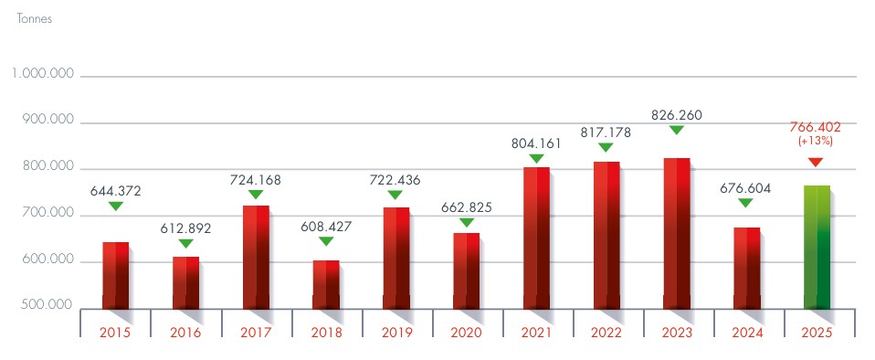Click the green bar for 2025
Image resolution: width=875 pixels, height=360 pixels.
click(817, 247)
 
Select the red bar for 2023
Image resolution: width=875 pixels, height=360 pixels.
click(676, 233)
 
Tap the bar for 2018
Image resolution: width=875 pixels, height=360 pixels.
click(325, 284)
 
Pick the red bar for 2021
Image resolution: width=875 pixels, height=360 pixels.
click(536, 238)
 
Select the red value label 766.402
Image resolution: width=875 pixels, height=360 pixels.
click(816, 128)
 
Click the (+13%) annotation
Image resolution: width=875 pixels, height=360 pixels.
click(816, 143)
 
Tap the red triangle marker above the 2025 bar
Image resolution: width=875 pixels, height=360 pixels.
click(816, 162)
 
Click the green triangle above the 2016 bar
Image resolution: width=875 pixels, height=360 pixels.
click(185, 243)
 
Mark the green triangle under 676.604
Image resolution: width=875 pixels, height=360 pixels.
click(745, 203)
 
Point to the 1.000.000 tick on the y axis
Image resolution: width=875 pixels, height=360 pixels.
click(43, 75)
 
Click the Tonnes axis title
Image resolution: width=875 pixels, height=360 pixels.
click(35, 19)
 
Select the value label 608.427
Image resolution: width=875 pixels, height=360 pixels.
click(326, 226)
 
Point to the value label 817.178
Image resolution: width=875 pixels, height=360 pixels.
click(606, 132)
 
